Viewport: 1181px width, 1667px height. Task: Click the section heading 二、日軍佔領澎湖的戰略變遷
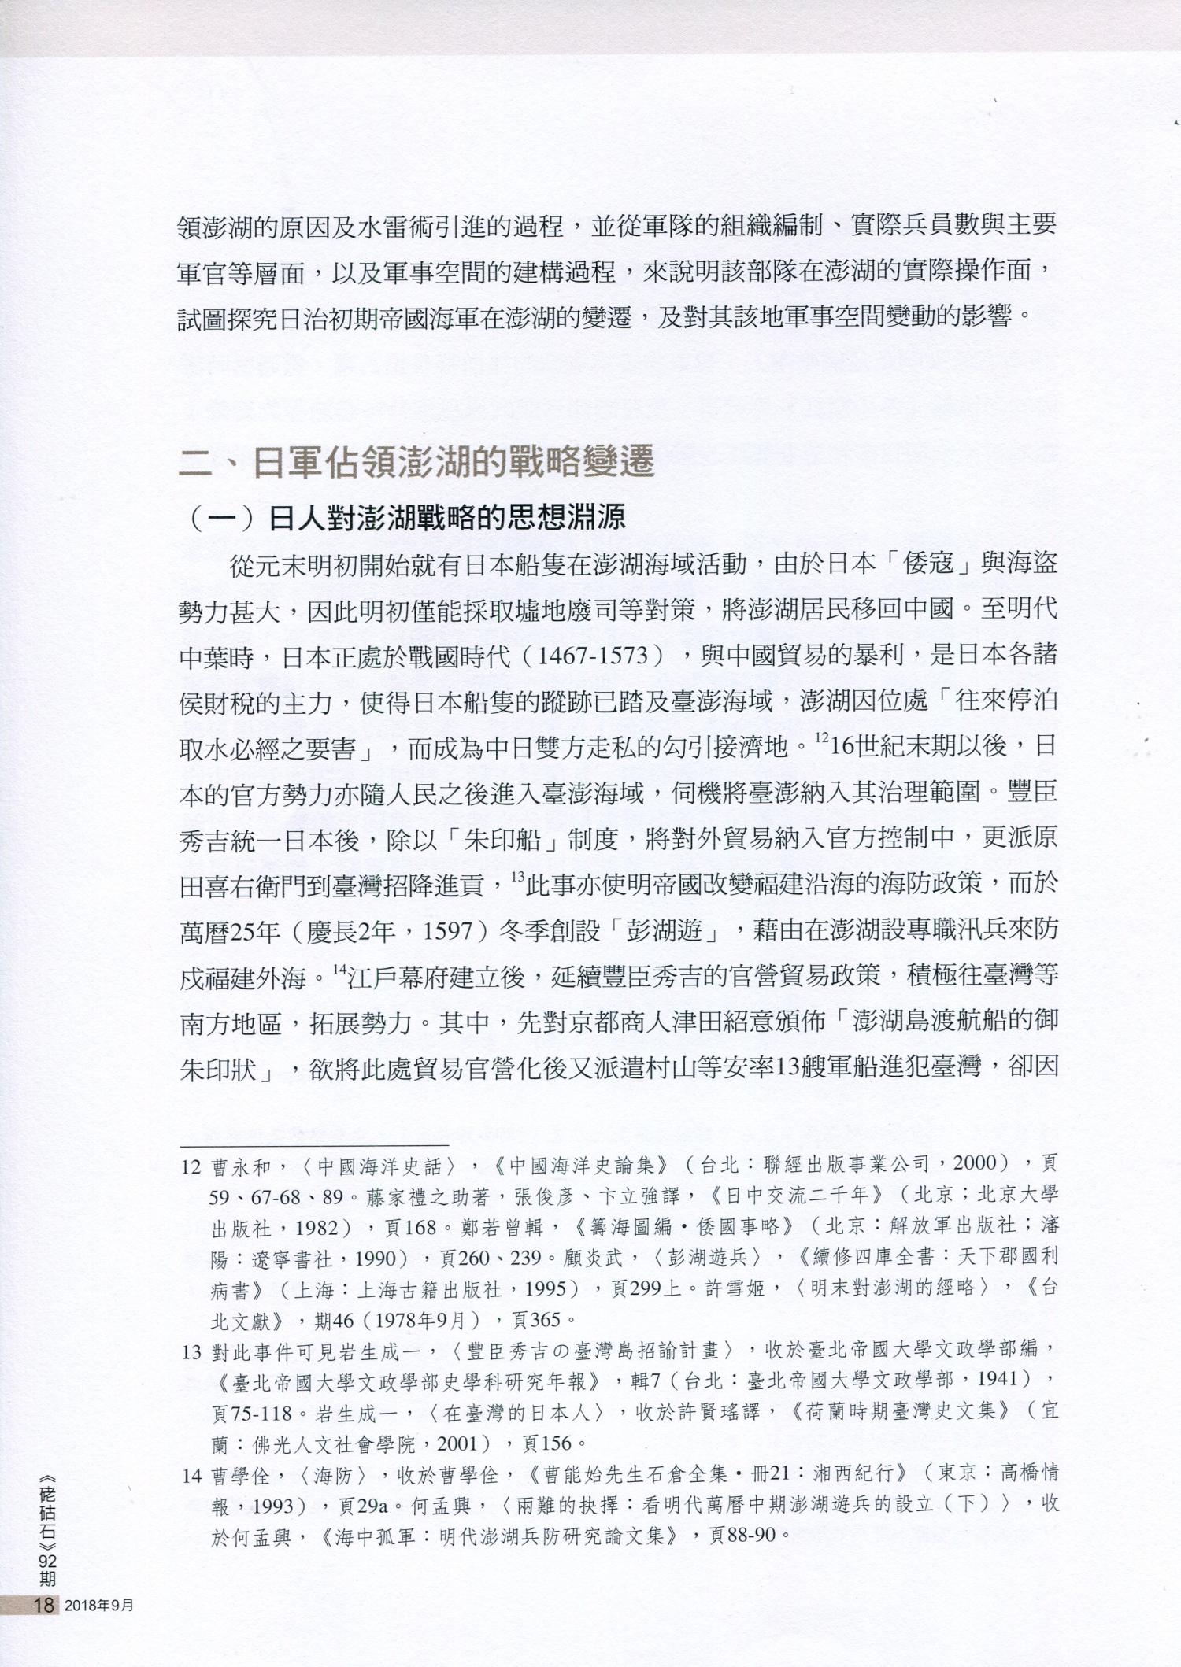point(417,464)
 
